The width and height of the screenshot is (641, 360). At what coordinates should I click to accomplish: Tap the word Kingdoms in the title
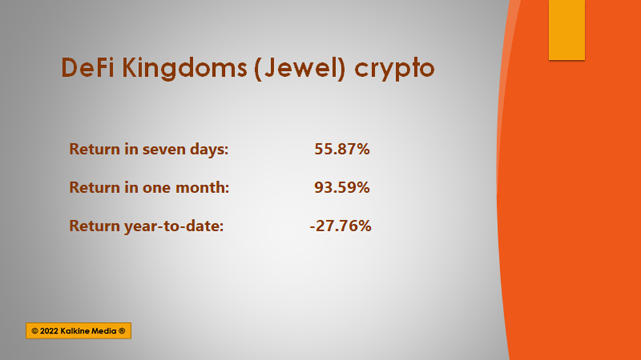pyautogui.click(x=184, y=68)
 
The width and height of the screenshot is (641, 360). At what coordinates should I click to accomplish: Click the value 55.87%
pyautogui.click(x=342, y=149)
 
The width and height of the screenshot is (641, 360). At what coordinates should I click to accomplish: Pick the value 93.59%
pyautogui.click(x=342, y=188)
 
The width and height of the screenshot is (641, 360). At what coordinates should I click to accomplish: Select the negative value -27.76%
pyautogui.click(x=341, y=226)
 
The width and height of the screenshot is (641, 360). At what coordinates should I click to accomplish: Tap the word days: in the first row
pyautogui.click(x=209, y=150)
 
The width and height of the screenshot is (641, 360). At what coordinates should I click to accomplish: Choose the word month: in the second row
pyautogui.click(x=202, y=188)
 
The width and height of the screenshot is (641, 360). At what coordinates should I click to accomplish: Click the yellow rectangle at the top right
pyautogui.click(x=567, y=30)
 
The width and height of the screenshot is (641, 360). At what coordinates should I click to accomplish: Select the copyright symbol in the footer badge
pyautogui.click(x=35, y=331)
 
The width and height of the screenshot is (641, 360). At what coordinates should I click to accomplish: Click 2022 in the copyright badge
pyautogui.click(x=49, y=331)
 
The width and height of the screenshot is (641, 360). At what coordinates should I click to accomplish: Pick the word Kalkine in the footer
pyautogui.click(x=74, y=331)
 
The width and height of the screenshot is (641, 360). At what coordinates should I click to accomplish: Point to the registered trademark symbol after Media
pyautogui.click(x=122, y=331)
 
